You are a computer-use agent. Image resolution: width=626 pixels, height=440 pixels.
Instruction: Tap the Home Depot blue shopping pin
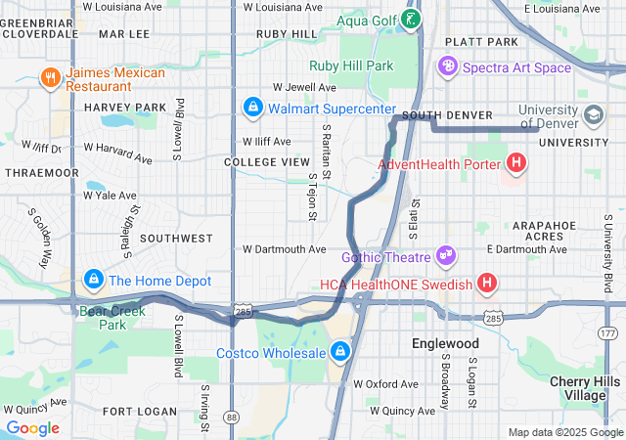click(x=93, y=280)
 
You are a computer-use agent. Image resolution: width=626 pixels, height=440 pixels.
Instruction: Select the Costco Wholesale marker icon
click(x=340, y=350)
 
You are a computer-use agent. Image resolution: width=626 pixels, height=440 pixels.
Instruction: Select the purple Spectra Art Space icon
click(x=448, y=66)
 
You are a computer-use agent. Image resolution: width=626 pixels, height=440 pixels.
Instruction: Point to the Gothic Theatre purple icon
click(x=447, y=255)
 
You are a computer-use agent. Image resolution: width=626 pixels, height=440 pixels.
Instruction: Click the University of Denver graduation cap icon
click(x=593, y=115)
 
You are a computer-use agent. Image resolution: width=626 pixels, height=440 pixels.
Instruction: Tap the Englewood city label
click(x=445, y=344)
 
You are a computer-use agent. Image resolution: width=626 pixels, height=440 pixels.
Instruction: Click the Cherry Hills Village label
click(x=593, y=388)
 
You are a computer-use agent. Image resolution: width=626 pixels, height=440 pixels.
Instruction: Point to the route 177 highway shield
click(x=607, y=333)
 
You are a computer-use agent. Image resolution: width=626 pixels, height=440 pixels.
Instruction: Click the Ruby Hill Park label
click(x=351, y=66)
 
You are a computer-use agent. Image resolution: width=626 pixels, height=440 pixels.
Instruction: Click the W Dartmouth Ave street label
click(x=285, y=249)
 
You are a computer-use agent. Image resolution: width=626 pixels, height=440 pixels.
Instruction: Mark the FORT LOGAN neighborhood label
click(x=140, y=412)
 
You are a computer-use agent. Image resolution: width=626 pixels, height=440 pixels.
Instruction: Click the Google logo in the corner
click(x=33, y=428)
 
